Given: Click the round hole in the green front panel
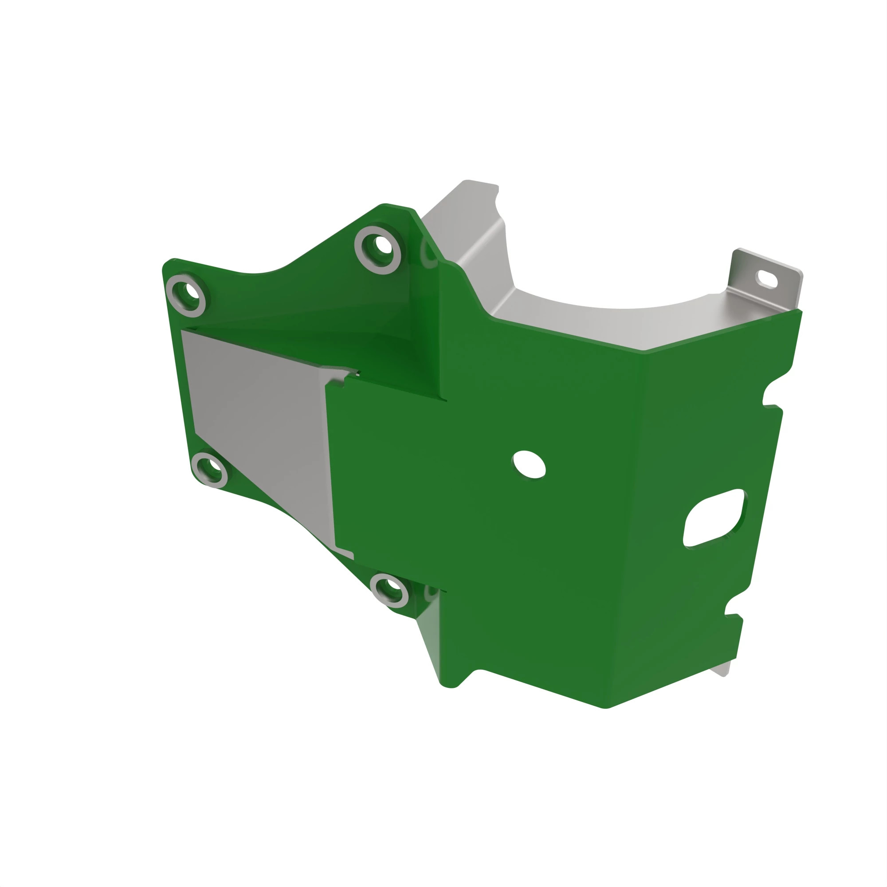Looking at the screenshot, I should [529, 464].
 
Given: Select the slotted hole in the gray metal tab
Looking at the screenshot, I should [767, 279].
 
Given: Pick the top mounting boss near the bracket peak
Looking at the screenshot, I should [378, 250].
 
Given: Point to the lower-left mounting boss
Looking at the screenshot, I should [209, 469].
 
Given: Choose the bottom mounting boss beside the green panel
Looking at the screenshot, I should [389, 590].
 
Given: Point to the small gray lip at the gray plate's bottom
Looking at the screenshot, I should [344, 553].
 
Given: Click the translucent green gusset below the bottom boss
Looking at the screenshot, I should [429, 629].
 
